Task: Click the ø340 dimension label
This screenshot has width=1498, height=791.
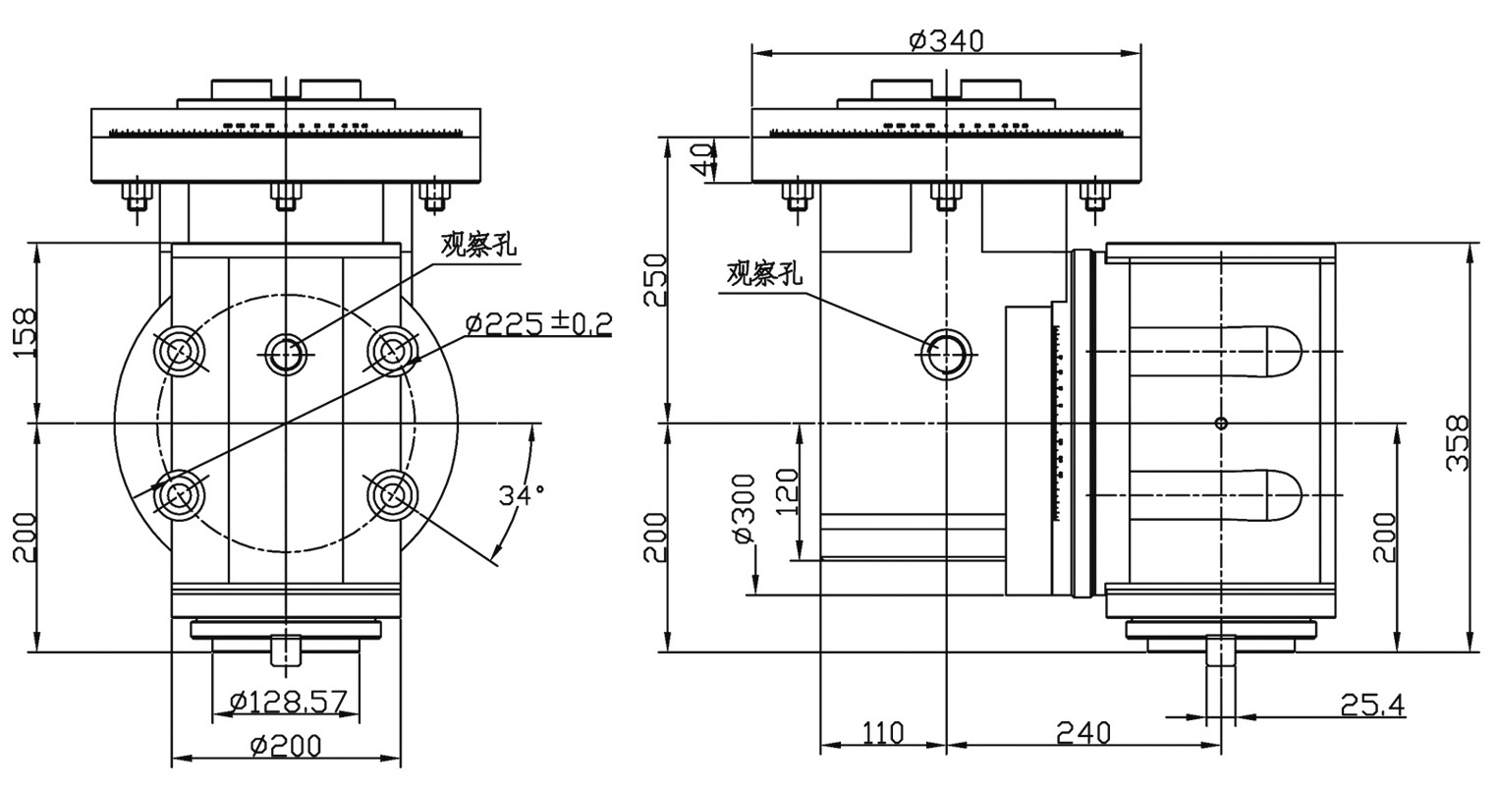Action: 946,41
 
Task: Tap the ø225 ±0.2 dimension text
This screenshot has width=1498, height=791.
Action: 539,324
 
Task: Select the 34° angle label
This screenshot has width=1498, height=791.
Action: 522,495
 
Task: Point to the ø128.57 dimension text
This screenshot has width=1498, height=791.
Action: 288,702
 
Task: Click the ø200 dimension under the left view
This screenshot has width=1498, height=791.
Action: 286,746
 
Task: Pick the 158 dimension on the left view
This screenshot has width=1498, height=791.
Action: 26,332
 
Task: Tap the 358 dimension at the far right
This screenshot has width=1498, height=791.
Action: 1458,443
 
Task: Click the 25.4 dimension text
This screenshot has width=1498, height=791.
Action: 1372,705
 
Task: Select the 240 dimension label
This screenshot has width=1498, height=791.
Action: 1083,733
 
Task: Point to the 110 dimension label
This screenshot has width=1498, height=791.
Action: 883,733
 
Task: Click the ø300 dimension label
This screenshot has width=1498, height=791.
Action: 745,509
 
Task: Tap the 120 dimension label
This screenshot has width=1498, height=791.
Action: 787,492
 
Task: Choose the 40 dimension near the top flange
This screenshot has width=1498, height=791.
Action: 703,160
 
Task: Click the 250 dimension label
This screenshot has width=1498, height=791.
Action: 655,279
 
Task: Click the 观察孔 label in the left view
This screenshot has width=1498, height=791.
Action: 478,246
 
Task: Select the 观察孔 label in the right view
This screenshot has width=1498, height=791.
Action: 764,274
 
